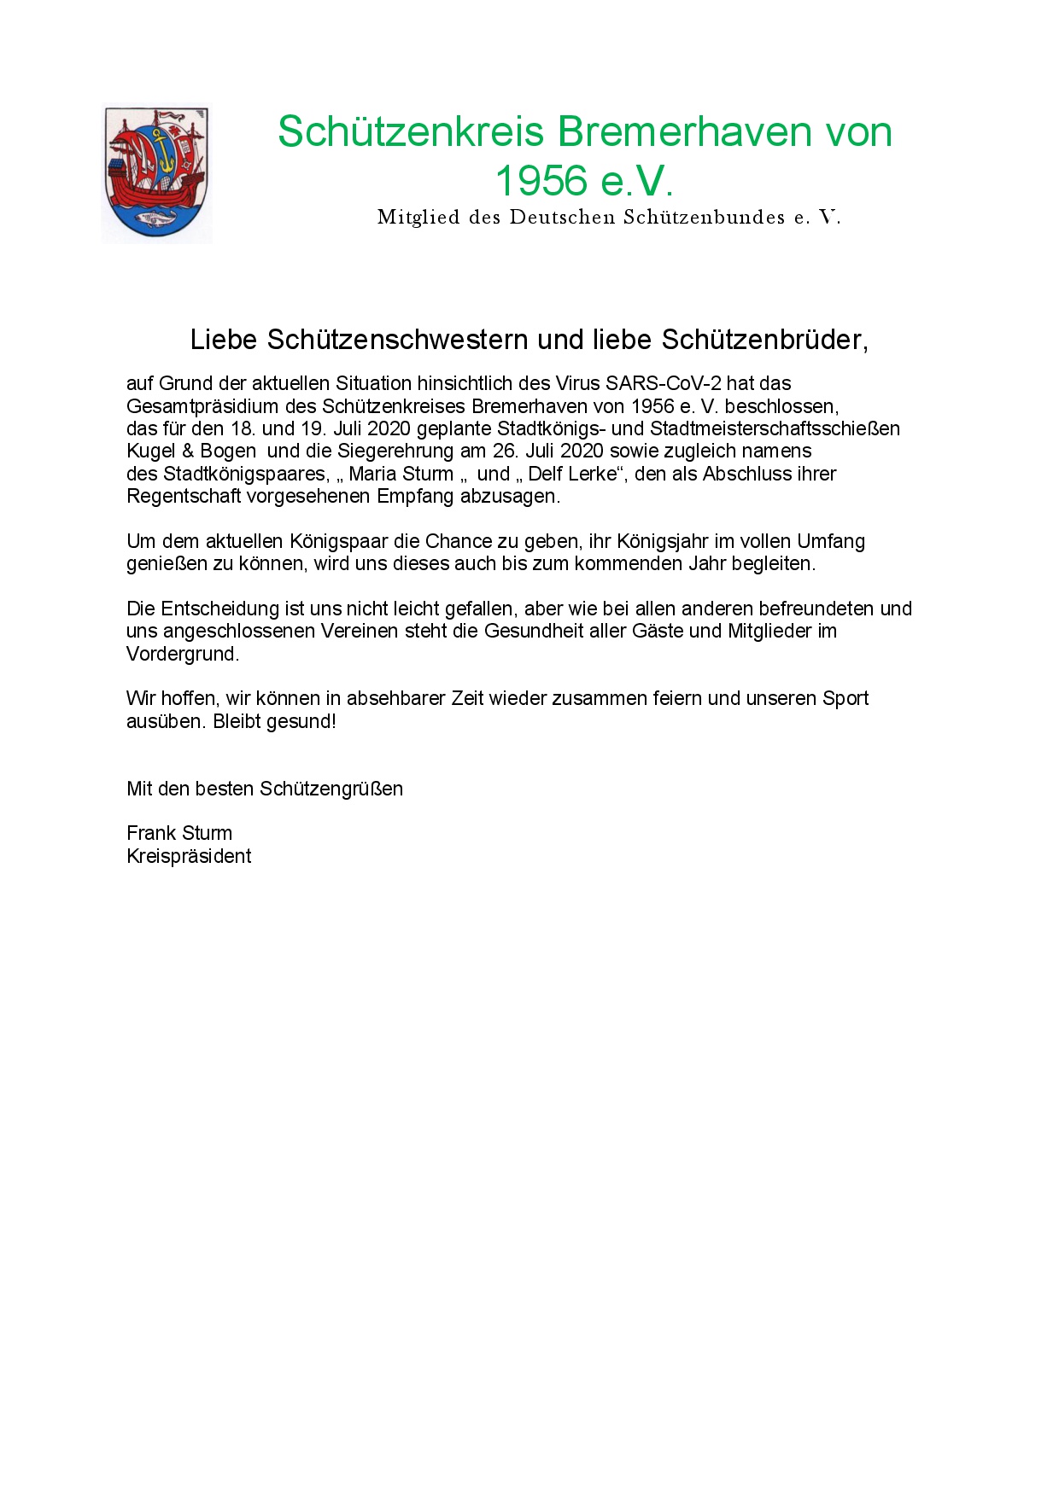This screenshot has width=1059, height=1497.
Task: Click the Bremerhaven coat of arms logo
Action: [156, 174]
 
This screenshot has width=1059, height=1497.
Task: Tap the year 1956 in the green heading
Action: [541, 181]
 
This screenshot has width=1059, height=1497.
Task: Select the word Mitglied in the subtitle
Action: [418, 218]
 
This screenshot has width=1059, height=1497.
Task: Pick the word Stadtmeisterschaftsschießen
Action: [775, 428]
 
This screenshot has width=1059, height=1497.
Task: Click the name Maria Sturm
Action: [401, 474]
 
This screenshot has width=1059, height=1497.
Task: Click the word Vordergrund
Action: [182, 654]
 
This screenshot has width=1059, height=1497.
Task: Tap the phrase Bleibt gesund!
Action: [274, 721]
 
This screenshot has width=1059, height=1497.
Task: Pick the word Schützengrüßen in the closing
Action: [331, 789]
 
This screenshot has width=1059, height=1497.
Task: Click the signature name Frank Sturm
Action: [179, 833]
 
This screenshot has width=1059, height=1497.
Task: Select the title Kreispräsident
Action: [189, 856]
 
